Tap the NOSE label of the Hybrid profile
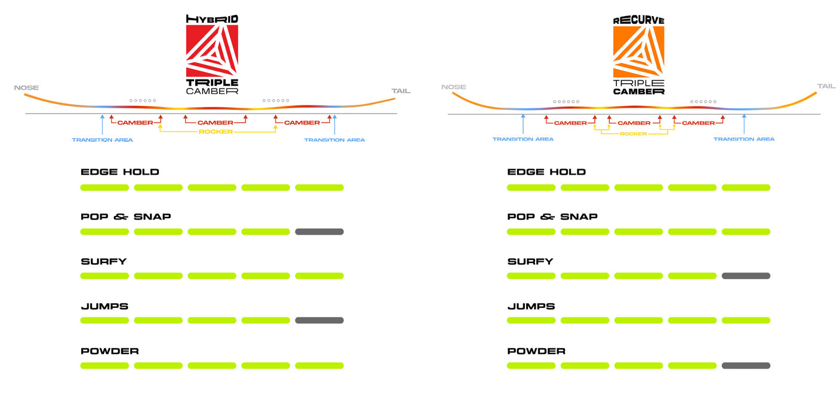(x=26, y=88)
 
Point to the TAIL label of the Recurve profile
(x=826, y=87)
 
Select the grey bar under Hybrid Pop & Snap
(x=319, y=231)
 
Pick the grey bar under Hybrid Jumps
(x=319, y=320)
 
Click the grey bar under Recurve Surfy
(x=745, y=276)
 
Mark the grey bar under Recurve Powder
(x=745, y=365)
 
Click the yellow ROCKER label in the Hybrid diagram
(x=216, y=132)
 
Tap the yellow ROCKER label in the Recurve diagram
(x=633, y=134)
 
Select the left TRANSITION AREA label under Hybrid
(x=102, y=140)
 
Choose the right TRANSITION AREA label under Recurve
(x=743, y=139)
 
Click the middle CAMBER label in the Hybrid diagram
(x=216, y=123)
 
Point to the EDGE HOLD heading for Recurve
(x=546, y=172)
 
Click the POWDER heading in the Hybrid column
(x=109, y=351)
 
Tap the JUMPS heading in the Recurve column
(x=531, y=306)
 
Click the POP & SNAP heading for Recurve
(x=552, y=216)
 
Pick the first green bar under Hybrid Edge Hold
(x=105, y=188)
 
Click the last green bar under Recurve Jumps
(x=745, y=320)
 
